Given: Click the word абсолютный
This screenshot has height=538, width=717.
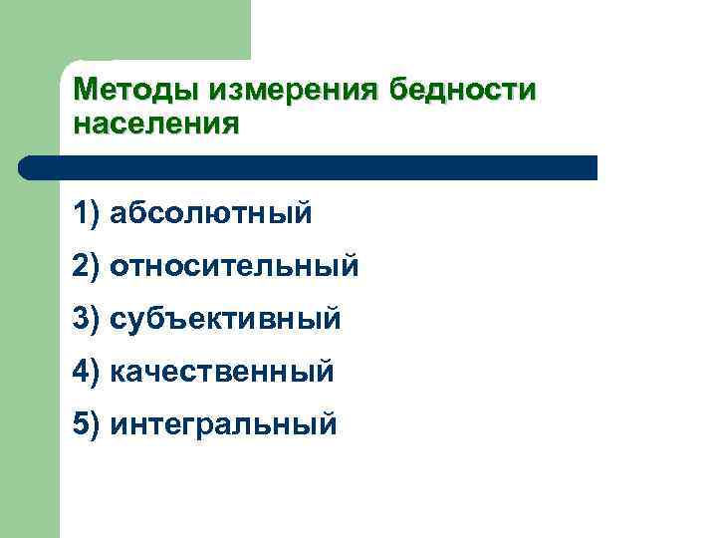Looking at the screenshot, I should pyautogui.click(x=211, y=212).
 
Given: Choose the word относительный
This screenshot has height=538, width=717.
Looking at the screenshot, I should pyautogui.click(x=235, y=266).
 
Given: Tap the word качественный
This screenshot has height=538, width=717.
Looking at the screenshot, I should pyautogui.click(x=222, y=373).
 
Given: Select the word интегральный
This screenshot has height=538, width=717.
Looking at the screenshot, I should pyautogui.click(x=224, y=425).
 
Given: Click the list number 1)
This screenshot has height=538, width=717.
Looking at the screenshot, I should pyautogui.click(x=87, y=212).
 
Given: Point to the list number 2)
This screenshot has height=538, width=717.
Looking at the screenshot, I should pyautogui.click(x=87, y=266).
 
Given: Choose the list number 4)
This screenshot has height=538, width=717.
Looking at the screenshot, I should pyautogui.click(x=87, y=373).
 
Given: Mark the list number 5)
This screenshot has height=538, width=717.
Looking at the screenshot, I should pyautogui.click(x=87, y=425).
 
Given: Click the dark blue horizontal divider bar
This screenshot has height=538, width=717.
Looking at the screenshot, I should pyautogui.click(x=309, y=167).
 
